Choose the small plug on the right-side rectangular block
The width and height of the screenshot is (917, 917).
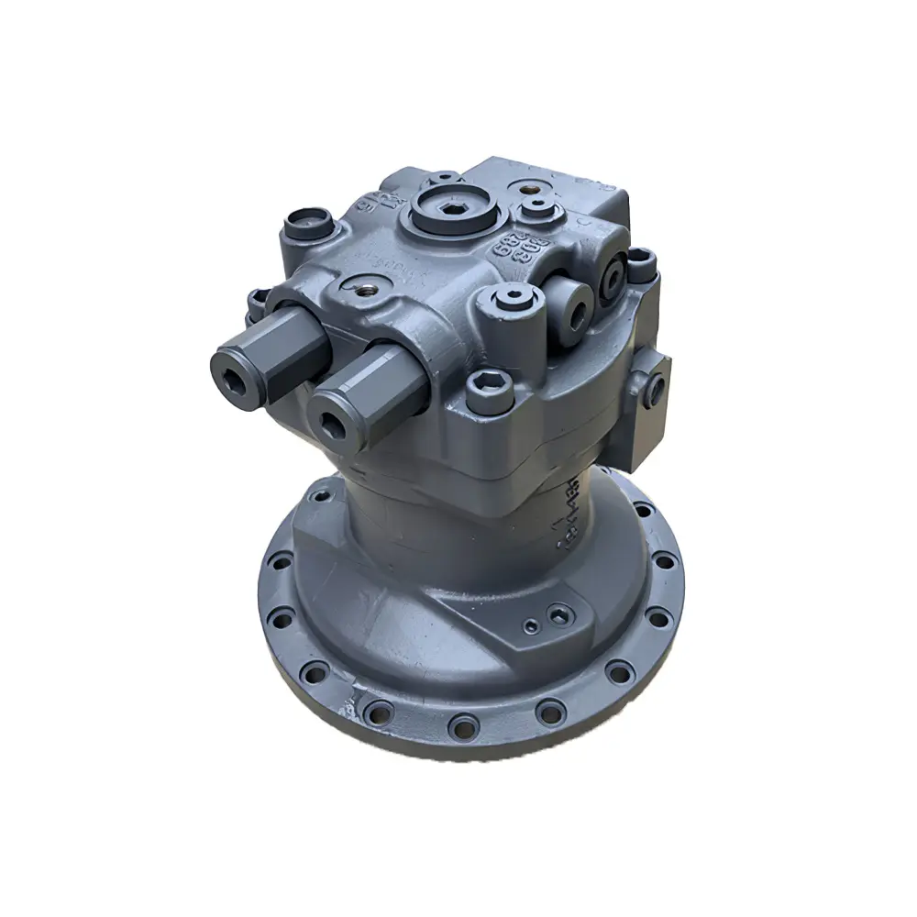coord(656,385)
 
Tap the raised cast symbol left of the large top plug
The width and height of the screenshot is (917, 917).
coord(381,202)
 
